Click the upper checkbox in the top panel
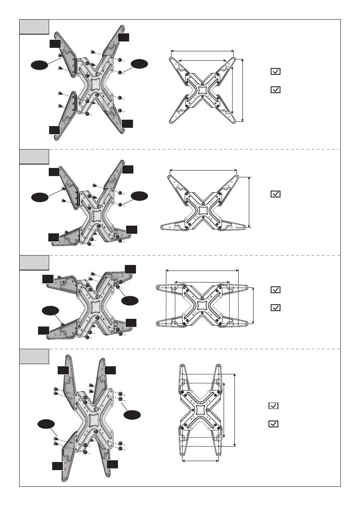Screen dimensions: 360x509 [276, 72]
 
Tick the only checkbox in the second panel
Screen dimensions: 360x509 [276, 194]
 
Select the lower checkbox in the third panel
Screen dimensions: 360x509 [276, 308]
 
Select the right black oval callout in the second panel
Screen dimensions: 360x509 [140, 196]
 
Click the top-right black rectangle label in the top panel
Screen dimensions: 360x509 [124, 38]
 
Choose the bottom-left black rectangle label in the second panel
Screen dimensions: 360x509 [53, 237]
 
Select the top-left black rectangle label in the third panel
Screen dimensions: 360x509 [48, 279]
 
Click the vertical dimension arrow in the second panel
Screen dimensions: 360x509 [249, 202]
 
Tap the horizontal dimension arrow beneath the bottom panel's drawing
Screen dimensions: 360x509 [201, 461]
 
